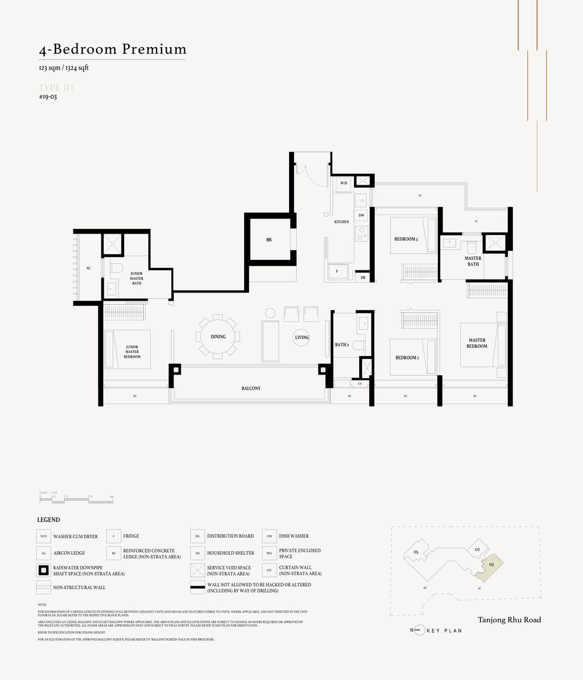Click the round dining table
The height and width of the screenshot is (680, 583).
point(218,336)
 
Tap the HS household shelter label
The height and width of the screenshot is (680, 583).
point(269,239)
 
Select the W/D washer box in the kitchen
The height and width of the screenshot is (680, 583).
point(344,184)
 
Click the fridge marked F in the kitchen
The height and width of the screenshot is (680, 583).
point(336,271)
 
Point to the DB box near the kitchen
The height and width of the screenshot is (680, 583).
point(363,277)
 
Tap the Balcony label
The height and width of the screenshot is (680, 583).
point(251,388)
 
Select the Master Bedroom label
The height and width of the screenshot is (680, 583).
point(477,343)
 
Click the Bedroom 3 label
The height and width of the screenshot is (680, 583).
point(406,239)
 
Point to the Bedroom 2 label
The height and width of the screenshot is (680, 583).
point(407,357)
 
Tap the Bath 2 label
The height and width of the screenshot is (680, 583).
point(342,344)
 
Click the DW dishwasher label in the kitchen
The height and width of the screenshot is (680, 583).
point(361,216)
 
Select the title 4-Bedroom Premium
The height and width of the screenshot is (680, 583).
point(113,49)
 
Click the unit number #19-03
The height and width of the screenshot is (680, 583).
point(48,97)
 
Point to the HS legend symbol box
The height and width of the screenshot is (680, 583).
point(198,553)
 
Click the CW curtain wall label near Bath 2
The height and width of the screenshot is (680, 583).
point(359,383)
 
